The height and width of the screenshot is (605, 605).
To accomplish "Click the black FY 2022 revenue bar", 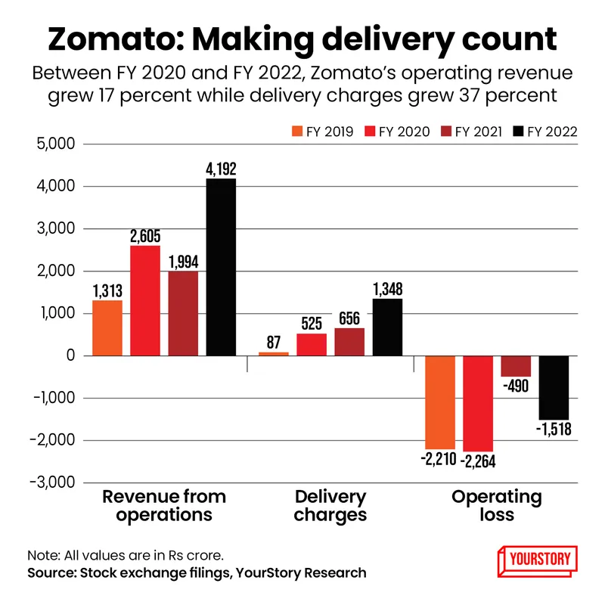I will [x=221, y=267].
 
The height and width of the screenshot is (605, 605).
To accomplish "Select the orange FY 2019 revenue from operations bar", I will [x=107, y=327].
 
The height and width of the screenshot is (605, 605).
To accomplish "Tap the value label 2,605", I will [x=145, y=236].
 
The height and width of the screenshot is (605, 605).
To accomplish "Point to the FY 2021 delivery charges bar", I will [x=349, y=341].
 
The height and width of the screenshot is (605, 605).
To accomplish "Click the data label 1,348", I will [x=387, y=289].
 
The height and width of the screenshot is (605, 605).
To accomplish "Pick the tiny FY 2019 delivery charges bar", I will [x=274, y=353].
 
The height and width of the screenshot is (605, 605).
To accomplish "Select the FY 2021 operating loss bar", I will [x=516, y=365].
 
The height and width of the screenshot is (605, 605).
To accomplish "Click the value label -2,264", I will [x=478, y=460].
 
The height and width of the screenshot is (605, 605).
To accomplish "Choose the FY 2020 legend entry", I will [x=404, y=132].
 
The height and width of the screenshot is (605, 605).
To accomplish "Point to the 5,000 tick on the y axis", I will [x=59, y=144].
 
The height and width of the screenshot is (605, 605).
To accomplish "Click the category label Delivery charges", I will [x=330, y=506].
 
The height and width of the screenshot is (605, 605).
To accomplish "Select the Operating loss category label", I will [x=497, y=506].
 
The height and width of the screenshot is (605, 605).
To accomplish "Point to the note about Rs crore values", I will [x=125, y=554].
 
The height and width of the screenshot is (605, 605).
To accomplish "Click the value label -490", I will [x=516, y=386].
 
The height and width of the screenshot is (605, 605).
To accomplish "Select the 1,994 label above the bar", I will [x=183, y=262].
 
